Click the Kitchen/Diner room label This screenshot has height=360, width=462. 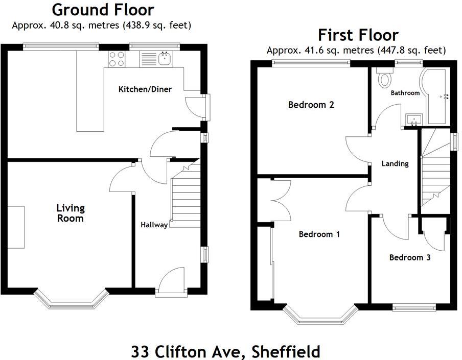pyautogui.click(x=145, y=89)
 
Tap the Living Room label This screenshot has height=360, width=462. pyautogui.click(x=71, y=213)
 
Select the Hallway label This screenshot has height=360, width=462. pyautogui.click(x=154, y=225)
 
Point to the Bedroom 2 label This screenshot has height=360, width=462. pyautogui.click(x=311, y=105)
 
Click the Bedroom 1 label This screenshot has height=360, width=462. pyautogui.click(x=319, y=234)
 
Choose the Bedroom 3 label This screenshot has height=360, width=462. pyautogui.click(x=409, y=257)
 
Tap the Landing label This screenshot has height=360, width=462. pyautogui.click(x=395, y=163)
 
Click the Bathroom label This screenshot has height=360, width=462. pyautogui.click(x=405, y=93)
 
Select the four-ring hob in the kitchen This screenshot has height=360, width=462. pyautogui.click(x=116, y=59)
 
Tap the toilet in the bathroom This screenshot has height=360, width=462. pyautogui.click(x=384, y=78)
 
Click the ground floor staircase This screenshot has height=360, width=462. pyautogui.click(x=185, y=194)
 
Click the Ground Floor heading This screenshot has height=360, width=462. pyautogui.click(x=103, y=9)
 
